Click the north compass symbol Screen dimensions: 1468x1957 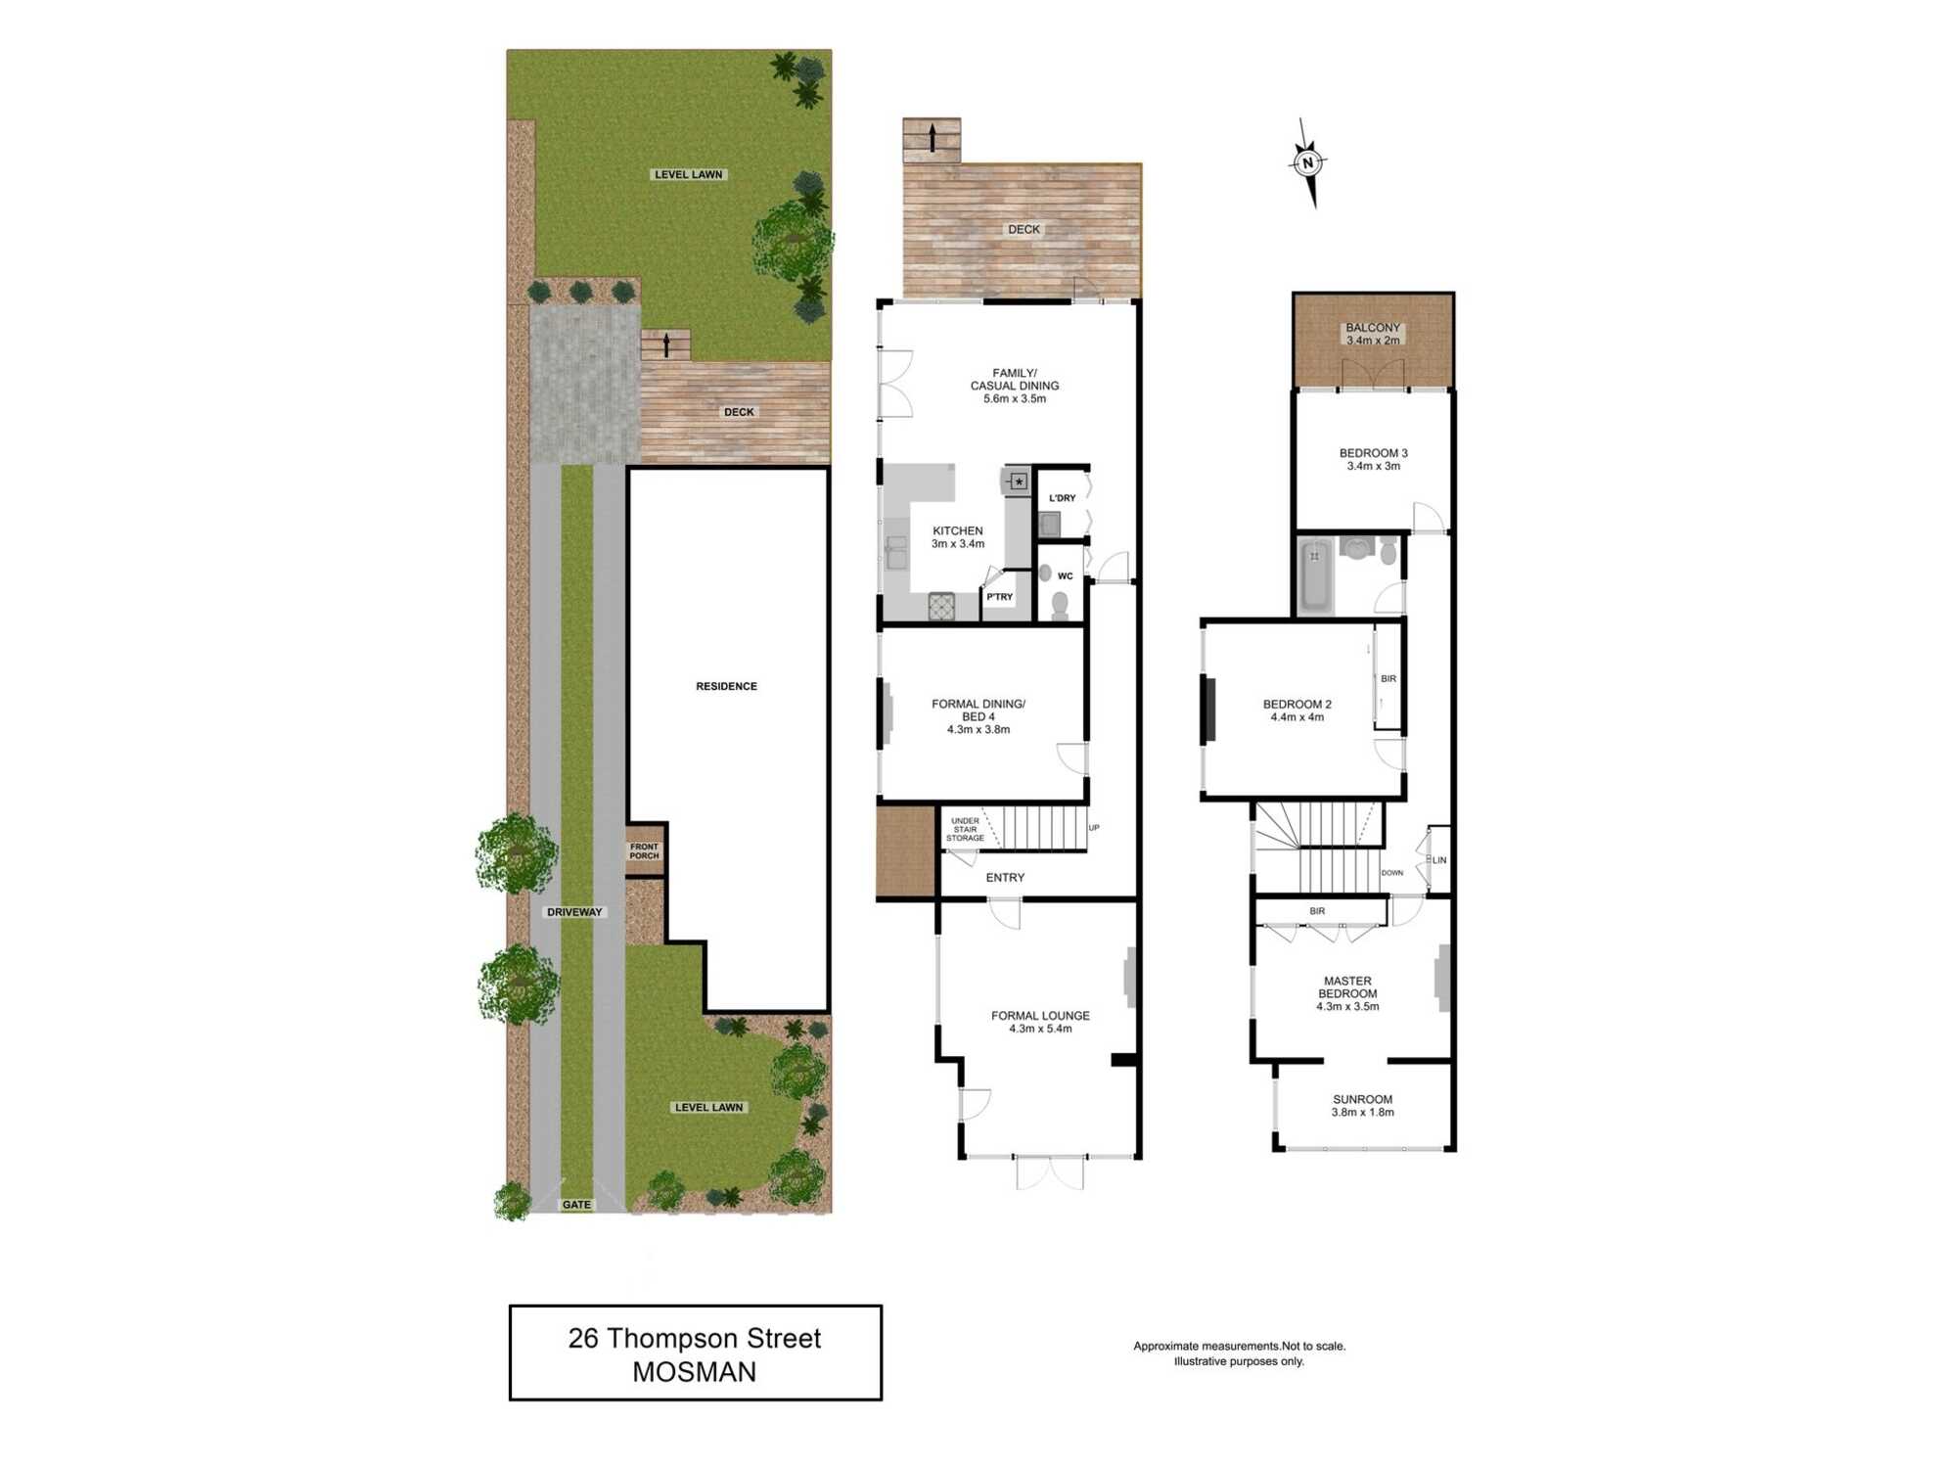pos(1308,163)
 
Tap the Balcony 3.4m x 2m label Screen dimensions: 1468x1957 pos(1373,334)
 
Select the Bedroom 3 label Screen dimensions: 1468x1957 pos(1373,459)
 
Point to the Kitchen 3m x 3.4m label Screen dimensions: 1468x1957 pos(957,537)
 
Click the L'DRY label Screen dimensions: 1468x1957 pos(1062,498)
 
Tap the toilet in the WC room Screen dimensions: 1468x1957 pos(1059,605)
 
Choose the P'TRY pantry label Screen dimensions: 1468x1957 pos(999,597)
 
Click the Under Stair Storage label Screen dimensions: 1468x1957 pos(965,830)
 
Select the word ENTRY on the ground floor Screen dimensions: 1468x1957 pos(1005,878)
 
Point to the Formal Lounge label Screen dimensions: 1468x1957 pos(1039,1022)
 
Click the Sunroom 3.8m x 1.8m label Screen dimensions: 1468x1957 pos(1362,1106)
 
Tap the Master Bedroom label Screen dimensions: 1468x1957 pos(1347,993)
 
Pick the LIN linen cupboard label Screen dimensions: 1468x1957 pos(1438,860)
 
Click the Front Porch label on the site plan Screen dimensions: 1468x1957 pos(644,851)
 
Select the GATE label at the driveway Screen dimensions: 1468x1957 pos(576,1205)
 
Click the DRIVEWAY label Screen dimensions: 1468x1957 pos(574,912)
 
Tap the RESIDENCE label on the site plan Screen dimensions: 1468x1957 pos(726,686)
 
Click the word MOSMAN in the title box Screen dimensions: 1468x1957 pos(694,1372)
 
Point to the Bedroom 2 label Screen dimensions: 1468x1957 pos(1297,711)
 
